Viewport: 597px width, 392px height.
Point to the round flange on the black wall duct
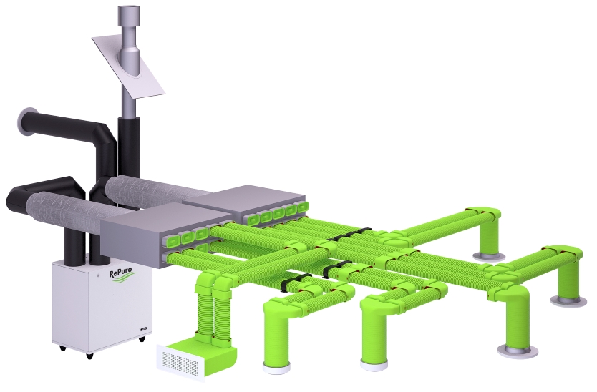[x=24, y=122]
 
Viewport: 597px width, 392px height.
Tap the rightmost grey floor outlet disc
[x=566, y=300]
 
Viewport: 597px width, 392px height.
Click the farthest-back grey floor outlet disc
[x=488, y=256]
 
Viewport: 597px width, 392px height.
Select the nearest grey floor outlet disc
[x=518, y=351]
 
